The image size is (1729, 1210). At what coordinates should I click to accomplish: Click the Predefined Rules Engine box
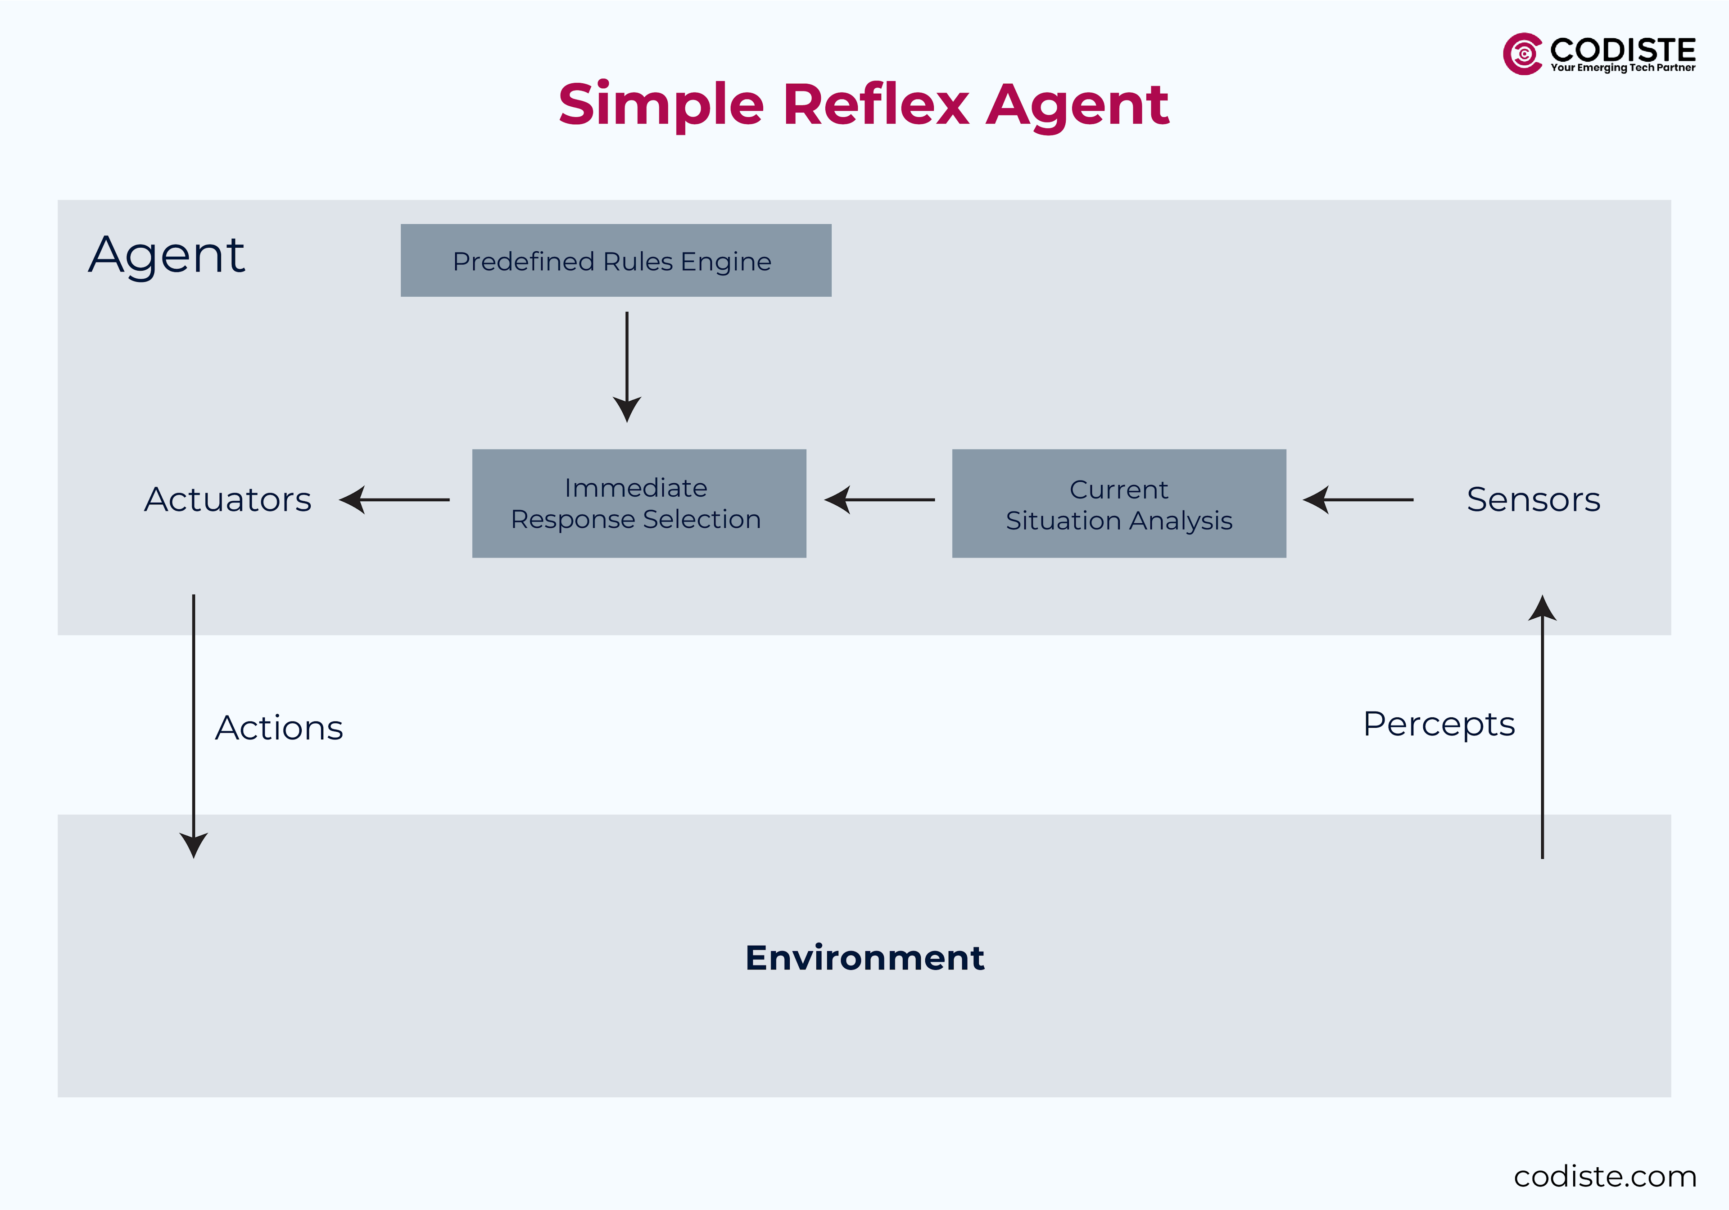(615, 261)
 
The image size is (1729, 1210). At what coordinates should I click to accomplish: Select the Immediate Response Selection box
(638, 503)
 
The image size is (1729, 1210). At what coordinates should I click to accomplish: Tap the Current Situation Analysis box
(1118, 503)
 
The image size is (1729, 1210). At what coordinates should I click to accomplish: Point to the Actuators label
(227, 499)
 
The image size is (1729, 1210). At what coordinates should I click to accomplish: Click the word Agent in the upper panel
(167, 255)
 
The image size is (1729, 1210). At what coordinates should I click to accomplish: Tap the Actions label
(279, 727)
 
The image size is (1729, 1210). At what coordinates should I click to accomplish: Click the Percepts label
(1438, 724)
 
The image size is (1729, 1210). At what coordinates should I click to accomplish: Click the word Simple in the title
(661, 104)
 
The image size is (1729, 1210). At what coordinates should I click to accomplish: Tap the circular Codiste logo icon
(1522, 54)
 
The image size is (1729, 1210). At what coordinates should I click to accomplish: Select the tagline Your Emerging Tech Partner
(1622, 68)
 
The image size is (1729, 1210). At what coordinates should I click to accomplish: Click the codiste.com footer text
(1605, 1176)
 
